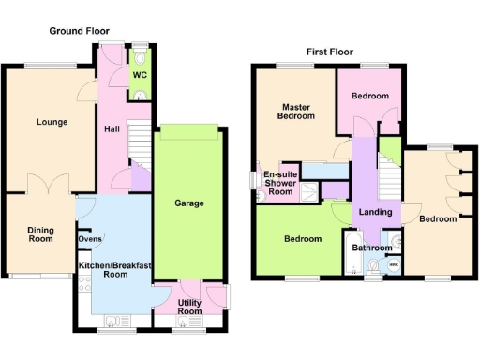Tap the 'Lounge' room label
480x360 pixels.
52,122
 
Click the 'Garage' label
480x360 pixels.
188,202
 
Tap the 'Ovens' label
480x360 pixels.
90,238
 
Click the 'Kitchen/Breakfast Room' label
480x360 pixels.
115,269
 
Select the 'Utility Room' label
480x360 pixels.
190,306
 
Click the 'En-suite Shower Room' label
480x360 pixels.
279,183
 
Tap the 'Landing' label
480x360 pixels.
375,213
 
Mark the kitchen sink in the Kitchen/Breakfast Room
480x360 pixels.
113,322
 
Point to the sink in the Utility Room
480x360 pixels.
184,322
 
